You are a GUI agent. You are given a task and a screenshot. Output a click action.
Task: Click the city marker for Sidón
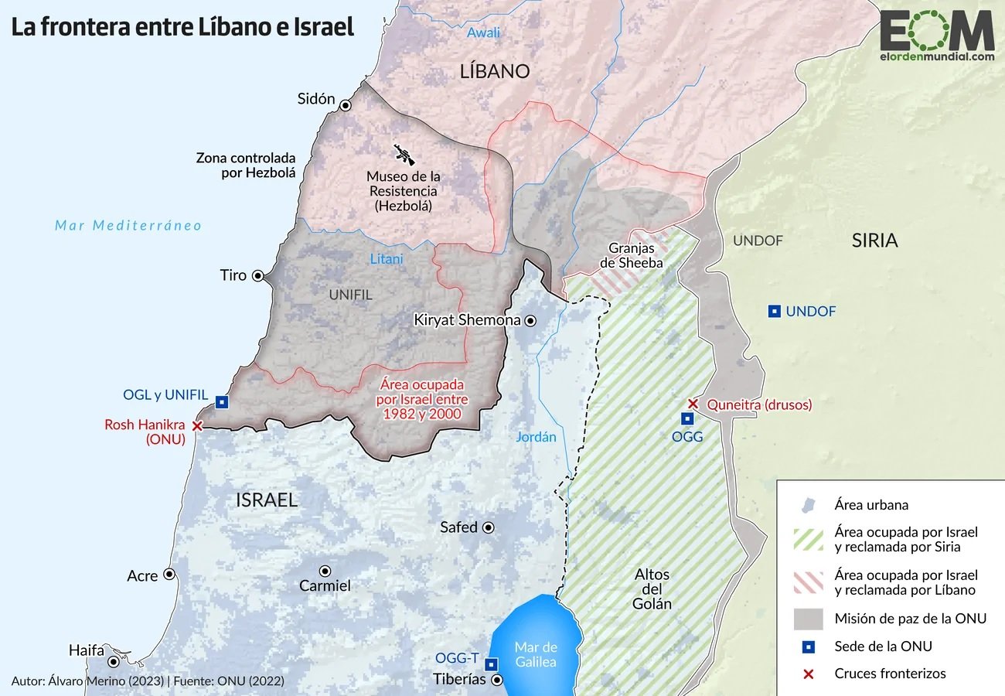point(346,106)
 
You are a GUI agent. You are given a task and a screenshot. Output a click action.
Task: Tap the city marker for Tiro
point(257,275)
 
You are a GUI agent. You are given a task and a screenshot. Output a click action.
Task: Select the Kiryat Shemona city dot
point(530,320)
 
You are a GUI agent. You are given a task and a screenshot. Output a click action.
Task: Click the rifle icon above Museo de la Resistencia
point(404,154)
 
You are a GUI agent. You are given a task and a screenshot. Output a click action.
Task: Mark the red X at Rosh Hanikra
point(197,425)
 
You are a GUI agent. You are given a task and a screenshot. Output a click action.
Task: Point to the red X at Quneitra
point(693,404)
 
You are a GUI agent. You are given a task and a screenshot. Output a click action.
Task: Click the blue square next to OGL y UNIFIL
point(222,401)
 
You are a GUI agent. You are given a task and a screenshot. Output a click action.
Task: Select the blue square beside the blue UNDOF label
point(773,312)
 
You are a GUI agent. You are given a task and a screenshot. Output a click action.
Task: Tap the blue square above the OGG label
point(686,418)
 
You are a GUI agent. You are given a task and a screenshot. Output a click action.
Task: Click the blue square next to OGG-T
point(490,664)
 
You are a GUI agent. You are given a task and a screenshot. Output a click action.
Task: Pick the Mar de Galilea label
point(536,654)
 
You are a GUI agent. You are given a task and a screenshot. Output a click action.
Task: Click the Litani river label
point(386,259)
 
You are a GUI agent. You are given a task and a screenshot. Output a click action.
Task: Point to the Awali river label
point(483,32)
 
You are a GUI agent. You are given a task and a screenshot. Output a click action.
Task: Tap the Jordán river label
point(536,437)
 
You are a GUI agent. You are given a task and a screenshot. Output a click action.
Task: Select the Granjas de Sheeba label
point(632,255)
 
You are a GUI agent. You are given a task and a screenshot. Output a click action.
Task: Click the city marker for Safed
point(489,527)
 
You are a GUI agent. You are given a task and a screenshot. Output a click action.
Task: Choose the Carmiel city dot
point(325,571)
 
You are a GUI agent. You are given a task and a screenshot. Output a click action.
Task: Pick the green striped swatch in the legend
point(809,540)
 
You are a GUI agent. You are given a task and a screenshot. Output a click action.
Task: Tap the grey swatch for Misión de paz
point(809,619)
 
